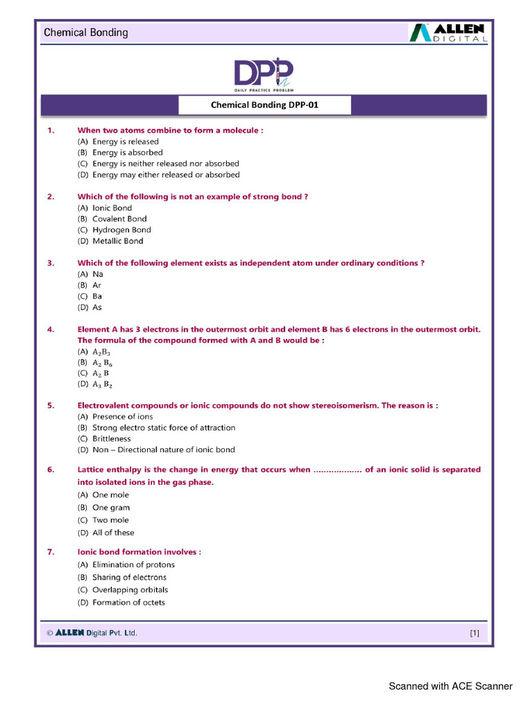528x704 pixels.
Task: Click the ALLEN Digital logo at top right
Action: coord(449,33)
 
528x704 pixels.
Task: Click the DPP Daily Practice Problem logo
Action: coord(264,76)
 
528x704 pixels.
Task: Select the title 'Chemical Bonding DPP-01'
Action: coord(265,106)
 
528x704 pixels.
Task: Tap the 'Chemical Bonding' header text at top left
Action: coord(86,32)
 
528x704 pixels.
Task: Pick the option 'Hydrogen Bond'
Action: coord(122,230)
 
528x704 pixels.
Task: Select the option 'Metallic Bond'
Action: coord(118,241)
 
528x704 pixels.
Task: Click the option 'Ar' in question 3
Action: coord(97,285)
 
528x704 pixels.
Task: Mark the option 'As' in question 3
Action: coord(97,307)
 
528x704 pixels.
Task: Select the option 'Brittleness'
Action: coord(111,439)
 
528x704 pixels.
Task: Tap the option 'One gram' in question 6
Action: coord(111,507)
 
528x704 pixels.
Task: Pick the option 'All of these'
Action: coord(113,532)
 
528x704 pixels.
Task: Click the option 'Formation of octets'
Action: coord(129,602)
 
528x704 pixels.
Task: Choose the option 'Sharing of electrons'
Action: coord(129,577)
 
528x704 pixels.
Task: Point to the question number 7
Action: coord(50,552)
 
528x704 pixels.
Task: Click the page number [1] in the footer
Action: coord(474,633)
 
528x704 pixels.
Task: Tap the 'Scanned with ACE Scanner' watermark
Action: coord(450,686)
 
